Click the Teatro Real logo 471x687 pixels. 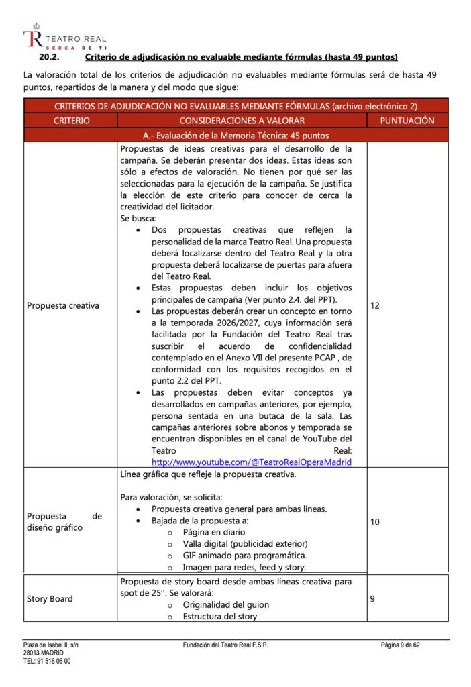[x=64, y=40]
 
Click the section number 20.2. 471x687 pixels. [x=51, y=57]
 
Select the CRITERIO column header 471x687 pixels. [x=71, y=121]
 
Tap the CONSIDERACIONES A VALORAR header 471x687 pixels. [x=242, y=121]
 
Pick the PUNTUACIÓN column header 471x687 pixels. [x=407, y=121]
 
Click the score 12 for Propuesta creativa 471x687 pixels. [x=375, y=305]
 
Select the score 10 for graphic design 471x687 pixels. [x=375, y=521]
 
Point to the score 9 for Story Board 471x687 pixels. [x=373, y=598]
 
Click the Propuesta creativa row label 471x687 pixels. [x=63, y=305]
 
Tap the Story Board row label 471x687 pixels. [x=50, y=598]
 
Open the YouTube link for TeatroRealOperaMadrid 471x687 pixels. [x=252, y=462]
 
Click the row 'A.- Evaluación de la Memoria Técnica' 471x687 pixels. [x=235, y=136]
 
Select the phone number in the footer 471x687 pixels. [x=47, y=661]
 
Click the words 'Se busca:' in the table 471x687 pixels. [x=138, y=218]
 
